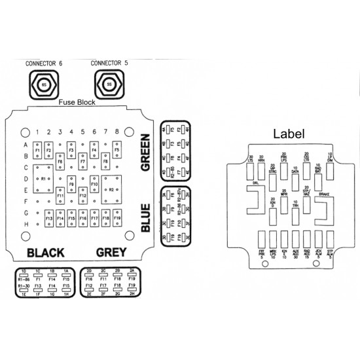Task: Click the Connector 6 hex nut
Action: [x=44, y=85]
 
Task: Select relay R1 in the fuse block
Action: [x=44, y=178]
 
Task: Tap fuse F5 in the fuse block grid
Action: [x=117, y=150]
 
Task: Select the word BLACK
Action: [x=45, y=253]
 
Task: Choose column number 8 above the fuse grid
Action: [x=117, y=132]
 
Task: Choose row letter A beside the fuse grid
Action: [x=26, y=145]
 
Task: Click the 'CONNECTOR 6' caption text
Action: [x=44, y=63]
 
